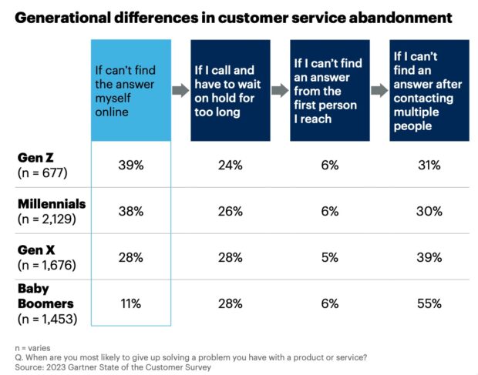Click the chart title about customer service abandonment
[231, 16]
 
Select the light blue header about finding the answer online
[130, 91]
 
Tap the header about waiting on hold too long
[230, 91]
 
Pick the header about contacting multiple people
[429, 91]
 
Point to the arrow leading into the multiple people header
[379, 91]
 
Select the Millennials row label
[51, 204]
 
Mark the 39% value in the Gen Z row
[130, 165]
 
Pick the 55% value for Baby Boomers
[429, 303]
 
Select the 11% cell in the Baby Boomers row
[130, 303]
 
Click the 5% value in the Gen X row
[329, 257]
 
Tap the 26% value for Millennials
[230, 211]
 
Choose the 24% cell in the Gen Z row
[230, 165]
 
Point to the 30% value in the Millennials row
[429, 211]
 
